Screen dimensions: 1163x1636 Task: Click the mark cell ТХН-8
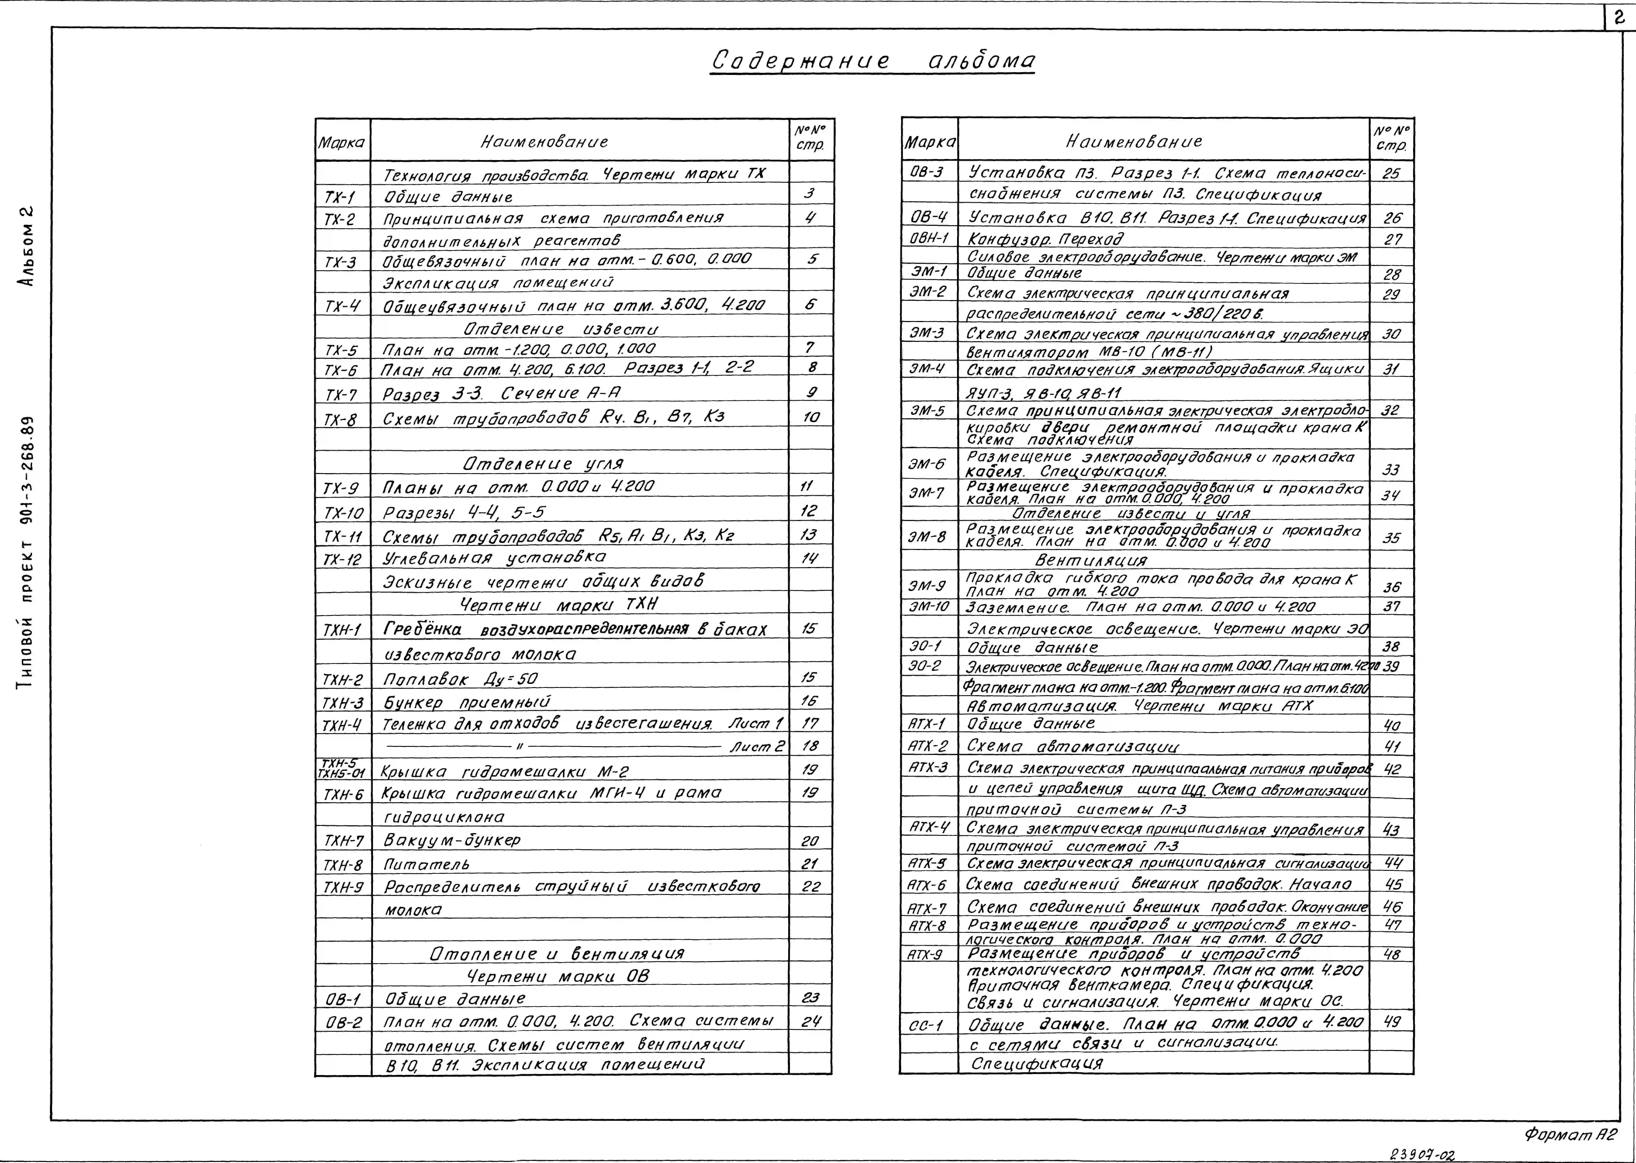pyautogui.click(x=343, y=864)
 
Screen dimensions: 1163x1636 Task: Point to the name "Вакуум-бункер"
pyautogui.click(x=452, y=840)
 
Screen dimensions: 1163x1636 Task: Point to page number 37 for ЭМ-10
pyautogui.click(x=1391, y=606)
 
